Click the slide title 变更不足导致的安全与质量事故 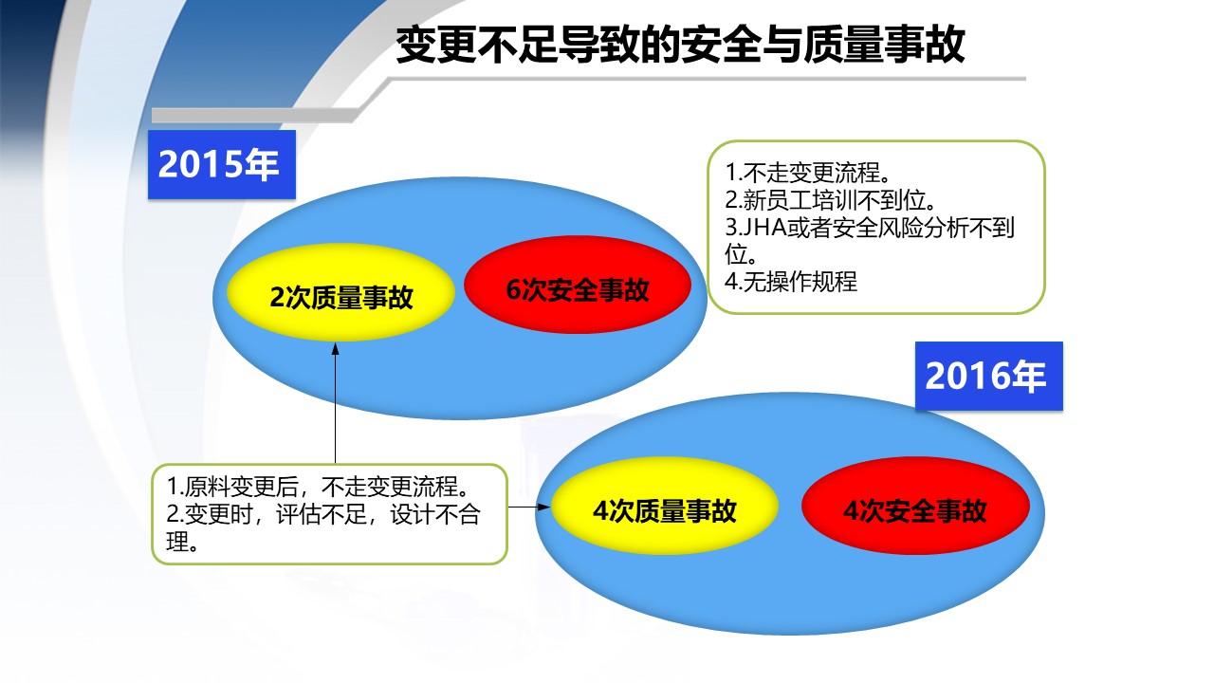pyautogui.click(x=680, y=45)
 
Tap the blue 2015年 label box pyautogui.click(x=222, y=164)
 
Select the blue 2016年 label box pyautogui.click(x=989, y=376)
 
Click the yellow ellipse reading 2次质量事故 pyautogui.click(x=340, y=293)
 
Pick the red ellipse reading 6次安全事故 pyautogui.click(x=578, y=286)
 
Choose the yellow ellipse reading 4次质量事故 pyautogui.click(x=665, y=507)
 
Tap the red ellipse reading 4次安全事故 pyautogui.click(x=915, y=507)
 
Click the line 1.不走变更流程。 pyautogui.click(x=808, y=173)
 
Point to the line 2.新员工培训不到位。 pyautogui.click(x=831, y=200)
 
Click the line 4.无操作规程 pyautogui.click(x=791, y=282)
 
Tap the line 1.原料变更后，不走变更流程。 pyautogui.click(x=319, y=487)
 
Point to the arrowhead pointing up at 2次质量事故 pyautogui.click(x=336, y=348)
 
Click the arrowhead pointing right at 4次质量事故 pyautogui.click(x=543, y=508)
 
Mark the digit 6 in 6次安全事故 pyautogui.click(x=513, y=289)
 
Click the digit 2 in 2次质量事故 pyautogui.click(x=277, y=297)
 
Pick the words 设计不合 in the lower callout pyautogui.click(x=435, y=514)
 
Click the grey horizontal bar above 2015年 pyautogui.click(x=255, y=116)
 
